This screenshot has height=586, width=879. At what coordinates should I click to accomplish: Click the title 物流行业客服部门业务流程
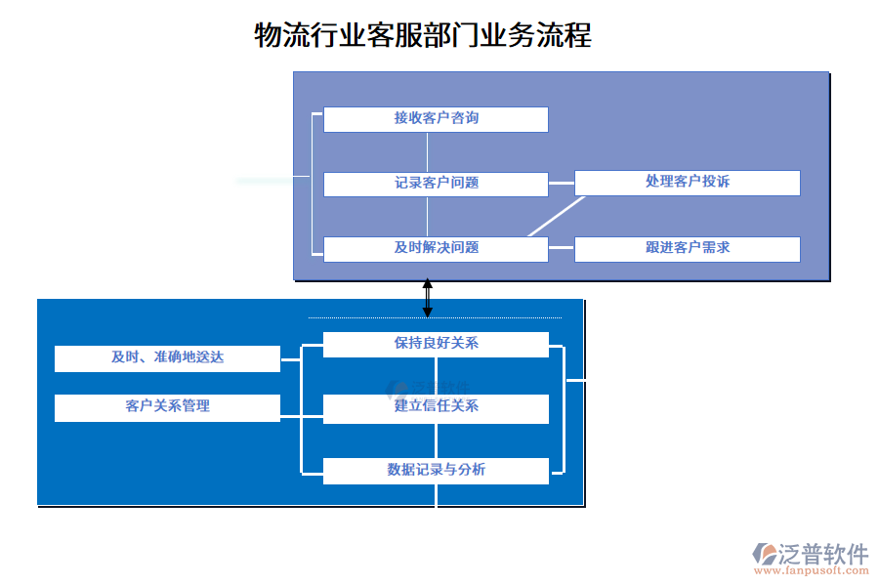422,36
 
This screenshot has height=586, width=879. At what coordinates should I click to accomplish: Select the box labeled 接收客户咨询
436,119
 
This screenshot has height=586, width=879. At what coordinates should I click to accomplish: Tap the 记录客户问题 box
436,184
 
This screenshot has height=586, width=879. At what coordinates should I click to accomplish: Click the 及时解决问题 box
436,249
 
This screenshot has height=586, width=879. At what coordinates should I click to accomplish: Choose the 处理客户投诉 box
687,183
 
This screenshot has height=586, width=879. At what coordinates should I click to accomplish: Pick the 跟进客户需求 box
687,249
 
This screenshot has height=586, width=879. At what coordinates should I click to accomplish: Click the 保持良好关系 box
436,345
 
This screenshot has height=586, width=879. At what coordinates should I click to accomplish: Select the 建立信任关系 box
436,408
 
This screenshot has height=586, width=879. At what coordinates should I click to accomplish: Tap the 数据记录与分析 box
436,471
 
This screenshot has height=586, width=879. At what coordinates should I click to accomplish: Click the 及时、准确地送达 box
167,358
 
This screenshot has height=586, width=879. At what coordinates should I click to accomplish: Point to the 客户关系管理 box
167,407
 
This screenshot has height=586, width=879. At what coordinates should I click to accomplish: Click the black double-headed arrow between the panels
427,298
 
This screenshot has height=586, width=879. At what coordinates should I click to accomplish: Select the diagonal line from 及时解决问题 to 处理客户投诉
556,217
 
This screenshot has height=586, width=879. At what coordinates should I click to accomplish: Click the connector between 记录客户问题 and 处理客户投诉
561,183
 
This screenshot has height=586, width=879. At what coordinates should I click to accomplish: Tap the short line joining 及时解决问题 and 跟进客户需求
561,249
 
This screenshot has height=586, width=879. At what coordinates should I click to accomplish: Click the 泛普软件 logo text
823,554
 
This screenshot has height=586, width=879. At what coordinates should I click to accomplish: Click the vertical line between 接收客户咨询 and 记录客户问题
427,151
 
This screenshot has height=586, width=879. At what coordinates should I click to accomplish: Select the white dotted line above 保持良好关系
435,317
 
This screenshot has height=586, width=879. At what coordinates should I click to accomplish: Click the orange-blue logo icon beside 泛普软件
765,555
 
